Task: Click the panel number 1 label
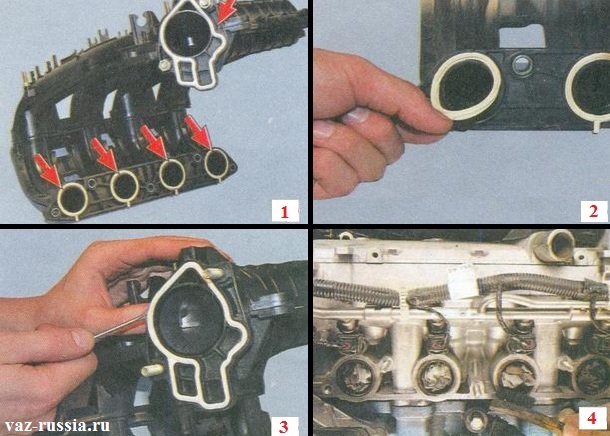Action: point(285,211)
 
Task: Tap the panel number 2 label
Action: point(593,211)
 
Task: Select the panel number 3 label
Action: point(284,426)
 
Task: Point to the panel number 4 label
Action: point(592,418)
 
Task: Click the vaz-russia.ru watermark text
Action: point(57,425)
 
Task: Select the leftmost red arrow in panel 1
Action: point(47,170)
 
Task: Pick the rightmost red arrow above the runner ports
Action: point(198,133)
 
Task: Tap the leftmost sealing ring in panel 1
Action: point(73,198)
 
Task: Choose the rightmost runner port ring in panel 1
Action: point(216,162)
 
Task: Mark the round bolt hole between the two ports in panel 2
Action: point(521,65)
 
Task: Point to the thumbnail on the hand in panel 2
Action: point(356,116)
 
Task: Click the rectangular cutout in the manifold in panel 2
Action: point(522,36)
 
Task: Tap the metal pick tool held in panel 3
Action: point(119,326)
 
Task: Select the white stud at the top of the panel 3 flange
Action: point(214,273)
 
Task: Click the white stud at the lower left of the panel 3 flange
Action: point(152,370)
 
